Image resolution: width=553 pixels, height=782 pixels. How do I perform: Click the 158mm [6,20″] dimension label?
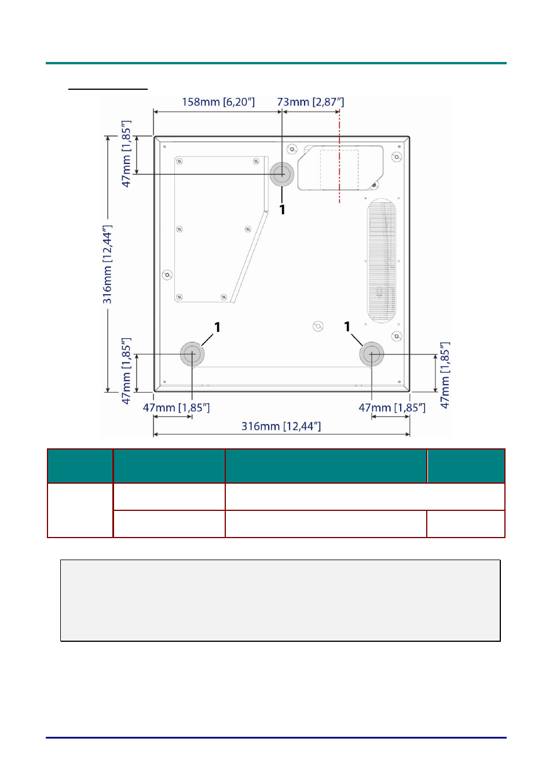click(218, 102)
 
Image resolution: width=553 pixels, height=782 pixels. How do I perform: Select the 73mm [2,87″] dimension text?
click(310, 102)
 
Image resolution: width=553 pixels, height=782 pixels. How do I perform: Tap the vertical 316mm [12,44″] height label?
click(107, 264)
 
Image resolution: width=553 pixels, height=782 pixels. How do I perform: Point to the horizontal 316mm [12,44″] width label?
click(281, 426)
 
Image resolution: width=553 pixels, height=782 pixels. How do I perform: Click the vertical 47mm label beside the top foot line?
click(126, 154)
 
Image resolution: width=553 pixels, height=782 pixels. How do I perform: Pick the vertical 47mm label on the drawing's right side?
click(445, 375)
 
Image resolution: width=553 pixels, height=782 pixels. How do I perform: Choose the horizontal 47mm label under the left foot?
click(176, 408)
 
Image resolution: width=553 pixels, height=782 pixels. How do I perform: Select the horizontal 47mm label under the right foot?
click(392, 408)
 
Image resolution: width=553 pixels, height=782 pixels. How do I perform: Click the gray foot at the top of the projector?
click(282, 174)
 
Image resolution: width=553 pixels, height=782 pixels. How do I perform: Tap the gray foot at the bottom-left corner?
click(192, 354)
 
